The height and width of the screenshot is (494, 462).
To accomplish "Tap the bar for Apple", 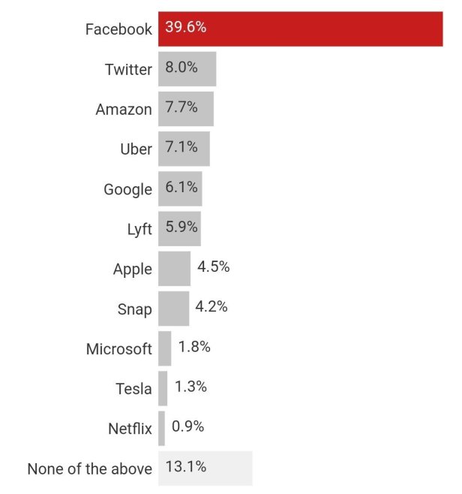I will coord(174,269).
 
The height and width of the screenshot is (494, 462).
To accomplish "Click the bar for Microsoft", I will coord(164,348).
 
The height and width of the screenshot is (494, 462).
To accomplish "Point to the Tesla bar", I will coord(163,388).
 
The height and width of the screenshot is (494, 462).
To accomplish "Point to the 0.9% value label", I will coord(187,427).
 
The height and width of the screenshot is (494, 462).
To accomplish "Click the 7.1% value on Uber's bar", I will coord(181,148).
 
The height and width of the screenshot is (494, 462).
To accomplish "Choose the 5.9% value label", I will coord(181,227).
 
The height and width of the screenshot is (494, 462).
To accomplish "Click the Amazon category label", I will coord(124,110).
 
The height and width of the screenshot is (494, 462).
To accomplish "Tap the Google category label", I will coord(127,189).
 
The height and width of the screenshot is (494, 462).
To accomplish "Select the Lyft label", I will coord(139,229).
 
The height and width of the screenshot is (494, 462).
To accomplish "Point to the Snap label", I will coord(134,309).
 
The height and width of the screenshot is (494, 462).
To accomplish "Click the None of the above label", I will coord(89,469).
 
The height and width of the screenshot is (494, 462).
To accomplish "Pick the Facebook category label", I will coord(118,30).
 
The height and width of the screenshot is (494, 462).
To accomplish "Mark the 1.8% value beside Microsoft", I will coord(194,348).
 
